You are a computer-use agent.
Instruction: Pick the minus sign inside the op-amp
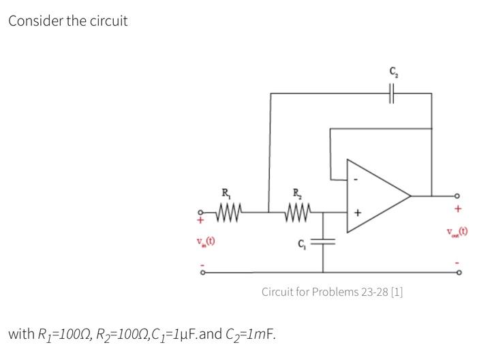(354, 181)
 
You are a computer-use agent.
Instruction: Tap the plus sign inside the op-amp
(354, 213)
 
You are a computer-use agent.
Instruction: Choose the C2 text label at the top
(394, 70)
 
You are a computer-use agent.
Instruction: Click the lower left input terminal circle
(202, 271)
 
